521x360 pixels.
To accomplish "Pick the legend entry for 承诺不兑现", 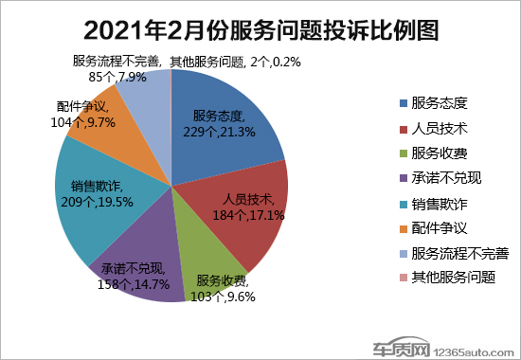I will (449, 177).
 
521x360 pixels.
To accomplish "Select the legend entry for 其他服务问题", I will (455, 279).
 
